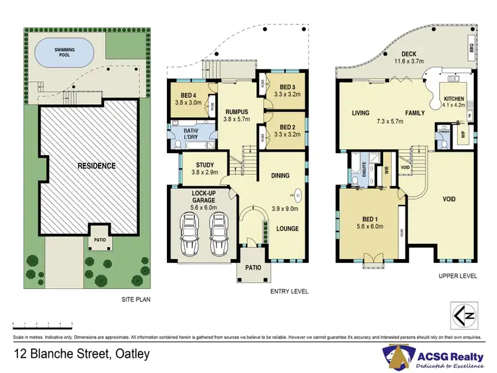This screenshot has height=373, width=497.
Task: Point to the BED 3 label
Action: [x=287, y=87]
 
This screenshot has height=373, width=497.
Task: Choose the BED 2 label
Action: [x=287, y=127]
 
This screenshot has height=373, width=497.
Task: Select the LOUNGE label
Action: [x=286, y=229]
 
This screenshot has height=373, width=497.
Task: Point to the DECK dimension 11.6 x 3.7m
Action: [x=408, y=61]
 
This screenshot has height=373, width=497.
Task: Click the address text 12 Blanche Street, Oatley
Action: [x=82, y=354]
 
